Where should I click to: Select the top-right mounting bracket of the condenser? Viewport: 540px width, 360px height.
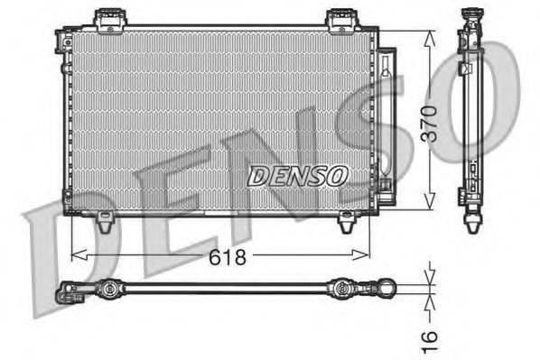coord(340,18)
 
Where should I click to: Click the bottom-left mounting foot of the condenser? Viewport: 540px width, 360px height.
coord(105,219)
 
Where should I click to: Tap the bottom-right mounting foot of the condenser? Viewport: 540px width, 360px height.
coord(347,222)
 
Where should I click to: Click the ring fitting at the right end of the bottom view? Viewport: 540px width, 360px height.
coord(386,289)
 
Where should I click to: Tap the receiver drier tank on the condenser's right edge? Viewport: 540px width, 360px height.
coord(386,117)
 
